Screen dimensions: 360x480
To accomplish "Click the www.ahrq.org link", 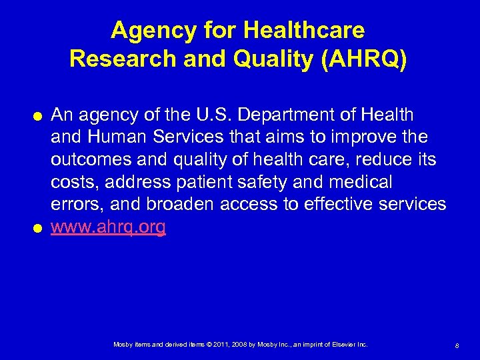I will pyautogui.click(x=108, y=227).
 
